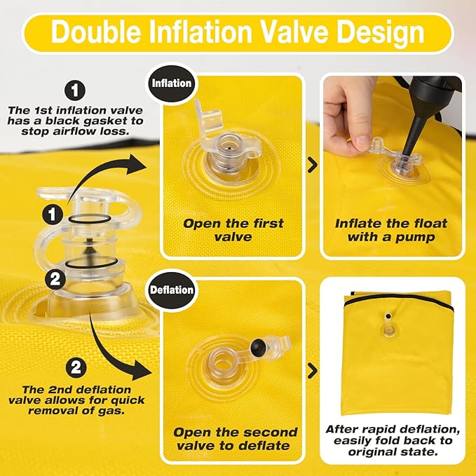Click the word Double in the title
point(96,32)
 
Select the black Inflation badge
point(172,83)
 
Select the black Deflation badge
point(172,290)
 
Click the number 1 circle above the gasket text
point(75,90)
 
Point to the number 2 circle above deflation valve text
point(76,367)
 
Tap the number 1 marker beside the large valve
point(53,215)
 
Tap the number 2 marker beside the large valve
point(55,279)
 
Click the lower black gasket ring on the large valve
point(90,263)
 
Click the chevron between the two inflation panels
point(313,165)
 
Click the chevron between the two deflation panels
point(313,371)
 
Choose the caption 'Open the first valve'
point(233,230)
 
